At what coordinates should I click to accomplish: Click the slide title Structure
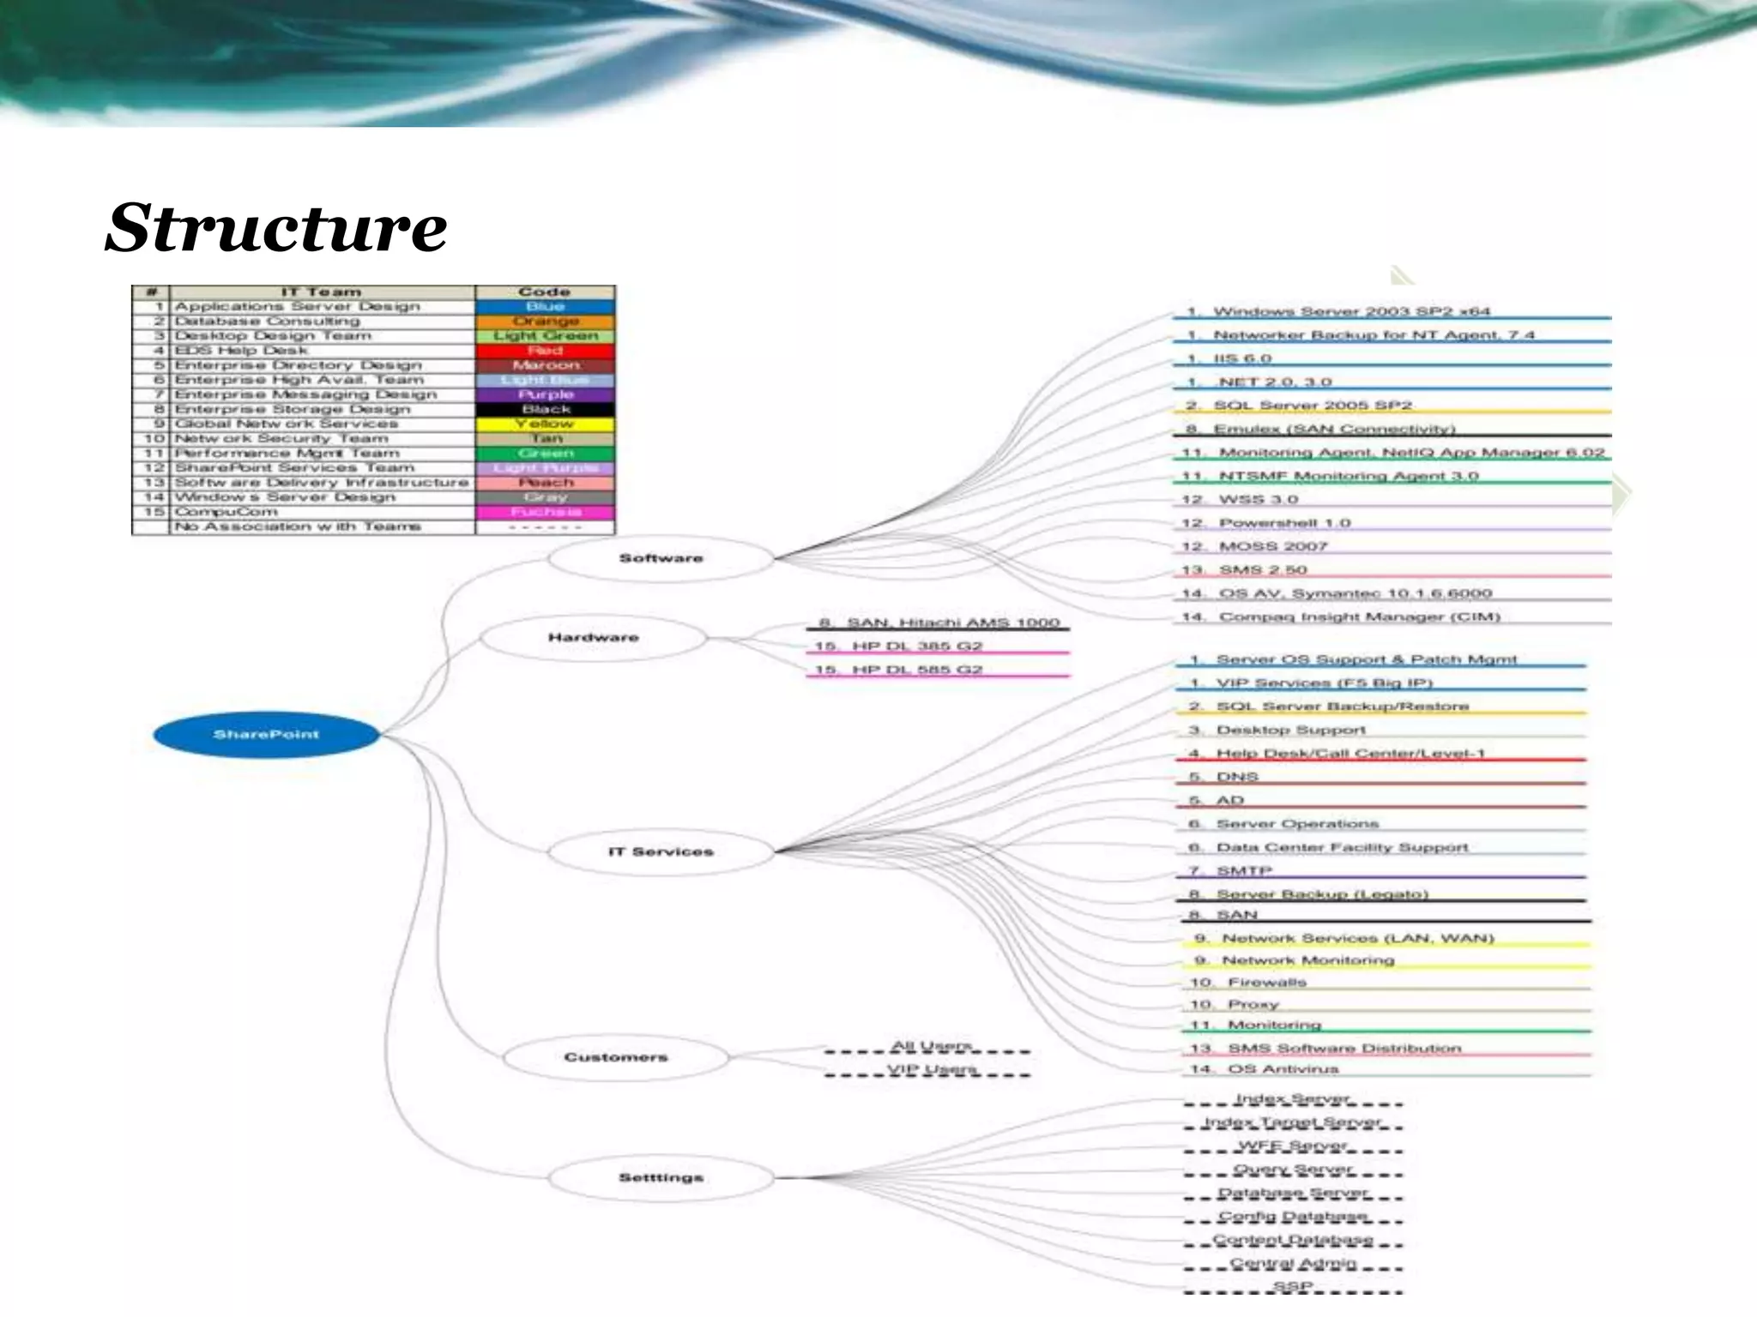[275, 228]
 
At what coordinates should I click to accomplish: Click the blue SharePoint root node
[266, 735]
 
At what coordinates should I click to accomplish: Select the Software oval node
[661, 558]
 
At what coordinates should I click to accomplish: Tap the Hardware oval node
[593, 637]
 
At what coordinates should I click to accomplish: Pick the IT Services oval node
[661, 851]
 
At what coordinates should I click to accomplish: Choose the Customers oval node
[615, 1057]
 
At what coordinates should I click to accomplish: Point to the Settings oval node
[661, 1177]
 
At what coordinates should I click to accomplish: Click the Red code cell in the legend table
[545, 351]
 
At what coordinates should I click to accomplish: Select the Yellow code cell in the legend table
[545, 424]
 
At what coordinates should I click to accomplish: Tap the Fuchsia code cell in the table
[545, 512]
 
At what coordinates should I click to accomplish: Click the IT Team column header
[322, 292]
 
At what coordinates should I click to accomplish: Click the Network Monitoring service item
[1307, 960]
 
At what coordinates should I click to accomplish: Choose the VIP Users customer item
[932, 1069]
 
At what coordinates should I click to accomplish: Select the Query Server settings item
[1292, 1169]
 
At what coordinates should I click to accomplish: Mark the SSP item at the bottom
[1292, 1286]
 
